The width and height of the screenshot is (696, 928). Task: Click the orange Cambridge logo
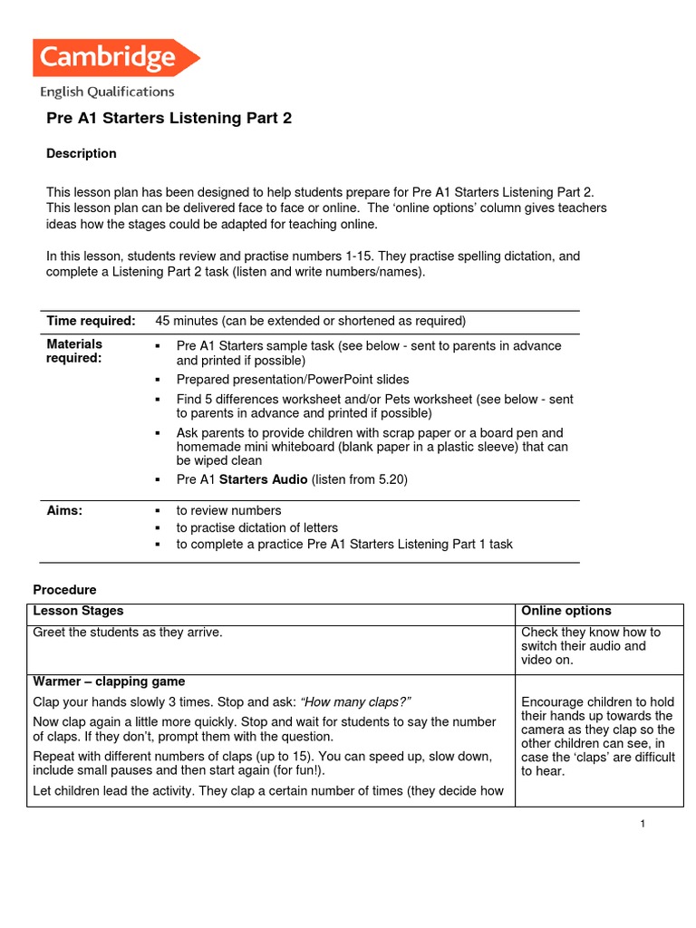click(x=115, y=58)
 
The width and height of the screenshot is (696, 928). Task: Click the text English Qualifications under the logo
click(x=107, y=92)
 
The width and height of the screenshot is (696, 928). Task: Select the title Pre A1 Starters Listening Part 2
click(x=169, y=119)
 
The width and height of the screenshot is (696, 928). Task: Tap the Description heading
click(x=82, y=153)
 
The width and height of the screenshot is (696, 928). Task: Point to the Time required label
click(x=91, y=321)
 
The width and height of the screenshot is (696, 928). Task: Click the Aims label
click(x=64, y=510)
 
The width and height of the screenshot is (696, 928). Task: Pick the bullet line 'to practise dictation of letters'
click(x=256, y=527)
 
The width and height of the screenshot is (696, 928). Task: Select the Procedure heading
click(x=64, y=590)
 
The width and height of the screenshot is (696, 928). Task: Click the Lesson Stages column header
click(x=78, y=611)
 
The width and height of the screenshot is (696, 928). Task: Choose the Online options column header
click(x=565, y=611)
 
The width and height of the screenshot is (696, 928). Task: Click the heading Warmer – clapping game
click(x=108, y=681)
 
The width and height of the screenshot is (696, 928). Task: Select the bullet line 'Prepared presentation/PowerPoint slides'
click(x=293, y=380)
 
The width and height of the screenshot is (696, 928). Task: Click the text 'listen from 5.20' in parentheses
click(x=360, y=479)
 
